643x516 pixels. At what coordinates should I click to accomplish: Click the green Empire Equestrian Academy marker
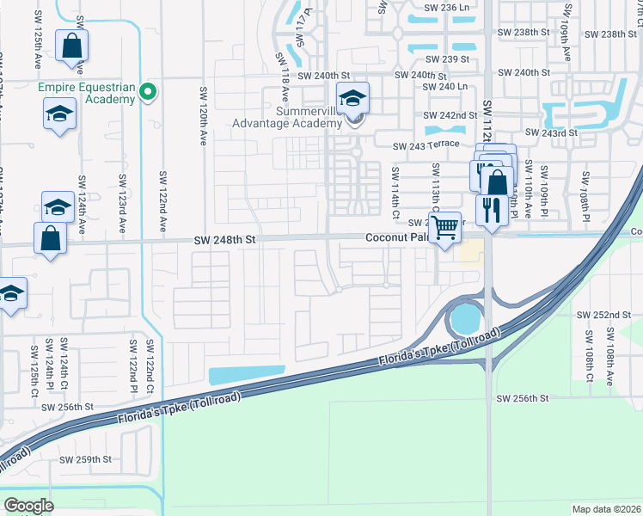(148, 90)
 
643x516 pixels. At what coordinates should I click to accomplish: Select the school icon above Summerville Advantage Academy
(352, 100)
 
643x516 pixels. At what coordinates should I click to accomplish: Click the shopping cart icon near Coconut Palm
(444, 229)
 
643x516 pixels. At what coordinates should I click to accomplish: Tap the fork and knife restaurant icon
(492, 210)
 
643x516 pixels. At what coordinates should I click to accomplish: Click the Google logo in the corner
(28, 506)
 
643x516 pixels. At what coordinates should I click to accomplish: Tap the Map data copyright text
(607, 509)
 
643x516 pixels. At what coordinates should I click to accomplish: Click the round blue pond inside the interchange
(464, 321)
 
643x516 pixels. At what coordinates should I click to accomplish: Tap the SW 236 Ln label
(440, 7)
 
